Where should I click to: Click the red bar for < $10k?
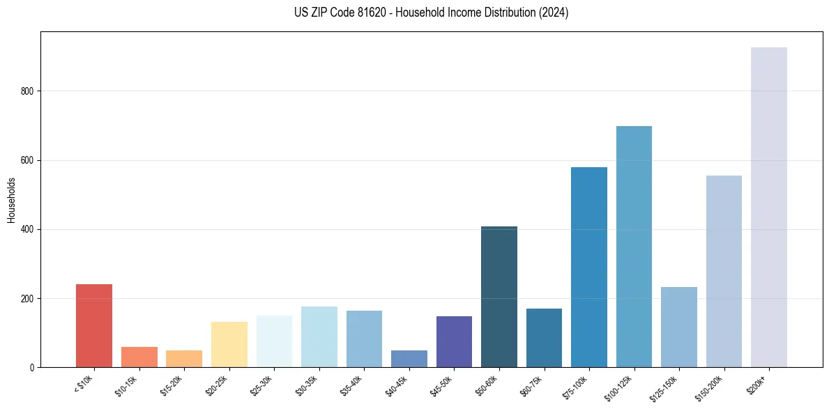93,326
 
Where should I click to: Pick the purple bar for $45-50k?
454,341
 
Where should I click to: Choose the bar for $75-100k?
589,267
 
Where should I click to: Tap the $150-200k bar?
724,272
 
